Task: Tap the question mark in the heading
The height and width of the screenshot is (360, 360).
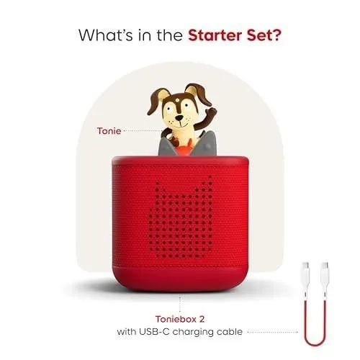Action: tap(276, 35)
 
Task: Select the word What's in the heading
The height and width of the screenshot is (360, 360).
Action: tap(106, 35)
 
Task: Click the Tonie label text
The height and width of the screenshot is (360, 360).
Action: tap(109, 131)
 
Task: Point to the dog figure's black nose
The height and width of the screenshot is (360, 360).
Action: tap(179, 117)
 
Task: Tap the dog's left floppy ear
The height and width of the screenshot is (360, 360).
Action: tap(156, 100)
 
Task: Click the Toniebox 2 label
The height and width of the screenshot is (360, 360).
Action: tap(180, 319)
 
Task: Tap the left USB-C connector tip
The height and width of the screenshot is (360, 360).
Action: tap(305, 266)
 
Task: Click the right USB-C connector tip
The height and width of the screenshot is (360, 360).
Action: tap(325, 266)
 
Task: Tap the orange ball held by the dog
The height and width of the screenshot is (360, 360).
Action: tap(184, 150)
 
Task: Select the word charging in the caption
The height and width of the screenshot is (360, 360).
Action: tap(193, 333)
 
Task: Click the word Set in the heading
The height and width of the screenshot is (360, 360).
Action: tap(258, 35)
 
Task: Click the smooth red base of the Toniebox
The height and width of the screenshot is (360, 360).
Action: tap(180, 279)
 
